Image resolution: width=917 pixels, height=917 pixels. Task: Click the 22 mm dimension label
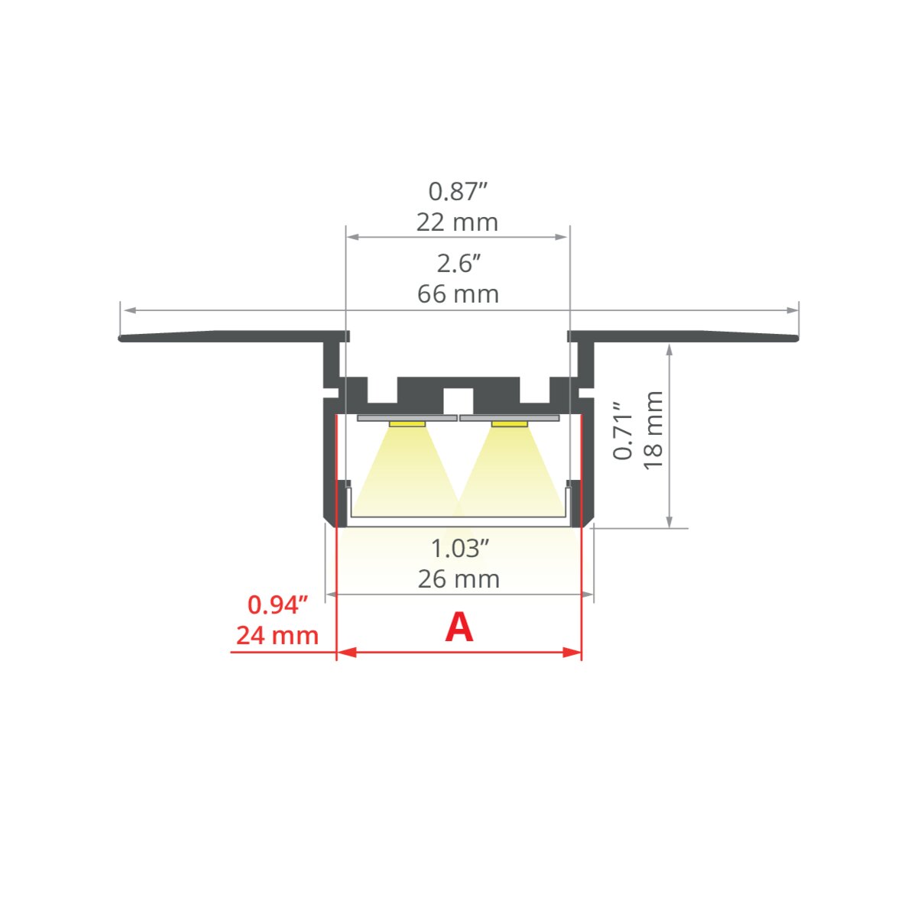pos(457,222)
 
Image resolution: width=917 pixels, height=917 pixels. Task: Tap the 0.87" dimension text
pos(458,191)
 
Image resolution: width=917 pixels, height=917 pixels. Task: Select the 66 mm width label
pos(458,294)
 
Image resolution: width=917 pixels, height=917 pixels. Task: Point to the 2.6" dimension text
pos(458,263)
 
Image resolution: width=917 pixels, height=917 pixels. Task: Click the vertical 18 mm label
pos(653,430)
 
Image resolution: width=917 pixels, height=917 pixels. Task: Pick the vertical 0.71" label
pos(623,431)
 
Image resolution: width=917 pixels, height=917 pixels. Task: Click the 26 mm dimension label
pos(458,579)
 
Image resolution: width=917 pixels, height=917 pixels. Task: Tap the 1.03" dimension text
pos(460,548)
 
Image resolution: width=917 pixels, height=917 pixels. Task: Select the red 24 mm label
pos(277,636)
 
